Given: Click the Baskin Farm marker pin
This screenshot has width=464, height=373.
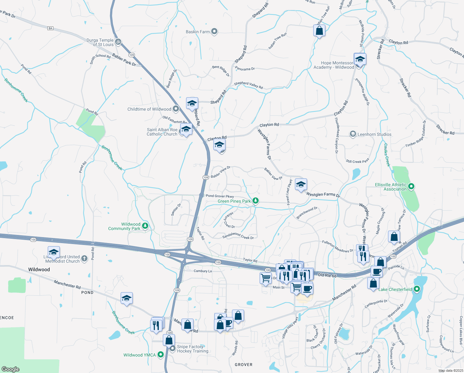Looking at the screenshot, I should (x=214, y=31).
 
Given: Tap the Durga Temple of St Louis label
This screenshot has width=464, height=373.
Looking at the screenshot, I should (x=100, y=42).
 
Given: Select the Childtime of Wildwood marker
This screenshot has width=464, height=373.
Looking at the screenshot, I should (x=176, y=109).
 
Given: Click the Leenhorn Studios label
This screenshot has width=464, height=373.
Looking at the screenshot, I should (x=374, y=134).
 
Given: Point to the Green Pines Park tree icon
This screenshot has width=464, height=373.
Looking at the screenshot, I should (x=255, y=201).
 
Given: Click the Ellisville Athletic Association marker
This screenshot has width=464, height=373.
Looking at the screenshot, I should (x=411, y=186).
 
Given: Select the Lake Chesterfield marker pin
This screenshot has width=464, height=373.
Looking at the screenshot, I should (x=417, y=289).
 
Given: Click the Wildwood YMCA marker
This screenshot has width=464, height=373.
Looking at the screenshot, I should (x=161, y=354).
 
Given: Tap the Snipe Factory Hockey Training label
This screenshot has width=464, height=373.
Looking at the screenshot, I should (x=193, y=349).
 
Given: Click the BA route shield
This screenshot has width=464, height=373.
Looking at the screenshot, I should (x=50, y=28).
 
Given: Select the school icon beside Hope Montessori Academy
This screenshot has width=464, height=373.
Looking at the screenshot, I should (x=360, y=59).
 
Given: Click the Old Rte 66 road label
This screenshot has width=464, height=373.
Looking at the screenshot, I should (x=327, y=275).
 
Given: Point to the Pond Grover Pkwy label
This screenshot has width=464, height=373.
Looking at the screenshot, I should (x=220, y=196).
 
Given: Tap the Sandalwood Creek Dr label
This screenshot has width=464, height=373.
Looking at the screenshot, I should (x=238, y=236).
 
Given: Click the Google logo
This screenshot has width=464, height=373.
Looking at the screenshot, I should (x=10, y=369).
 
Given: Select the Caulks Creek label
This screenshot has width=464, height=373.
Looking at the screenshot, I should (x=387, y=155).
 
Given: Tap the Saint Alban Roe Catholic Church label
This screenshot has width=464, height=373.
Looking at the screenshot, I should (x=162, y=132).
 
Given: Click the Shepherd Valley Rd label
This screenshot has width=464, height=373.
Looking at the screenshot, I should (x=248, y=85).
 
